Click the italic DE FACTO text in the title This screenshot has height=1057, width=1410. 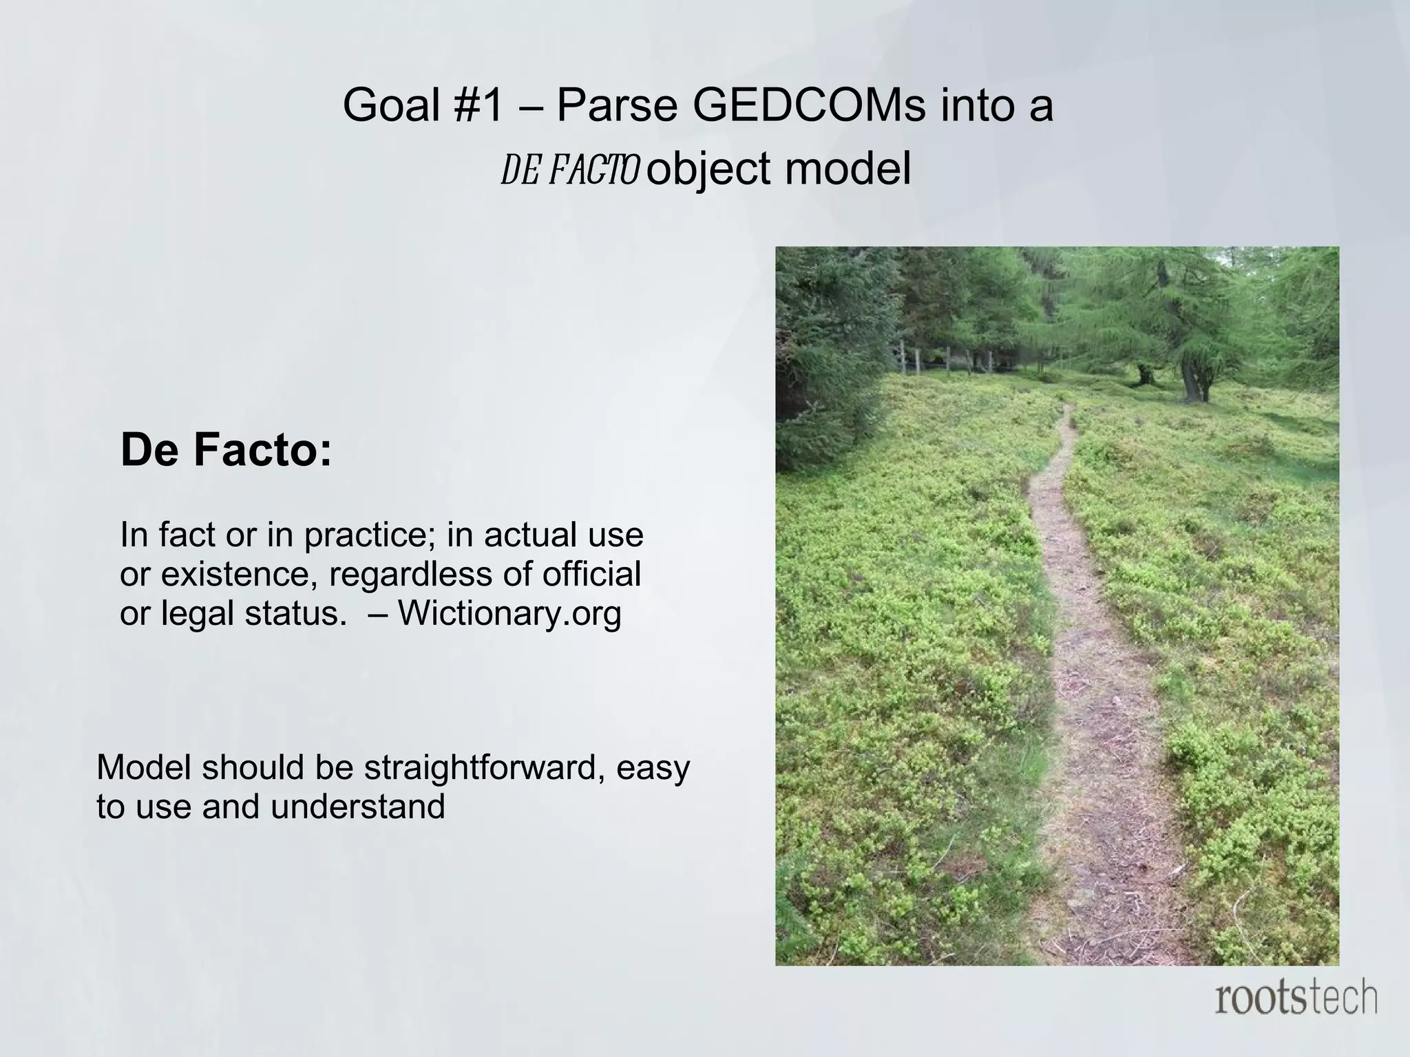click(x=570, y=170)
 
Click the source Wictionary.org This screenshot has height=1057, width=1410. click(x=509, y=613)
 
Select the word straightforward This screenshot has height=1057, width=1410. click(x=485, y=768)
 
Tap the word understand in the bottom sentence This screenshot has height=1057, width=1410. click(x=357, y=807)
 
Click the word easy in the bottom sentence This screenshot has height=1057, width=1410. click(x=652, y=769)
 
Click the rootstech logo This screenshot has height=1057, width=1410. click(x=1296, y=999)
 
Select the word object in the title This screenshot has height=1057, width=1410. click(x=708, y=170)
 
